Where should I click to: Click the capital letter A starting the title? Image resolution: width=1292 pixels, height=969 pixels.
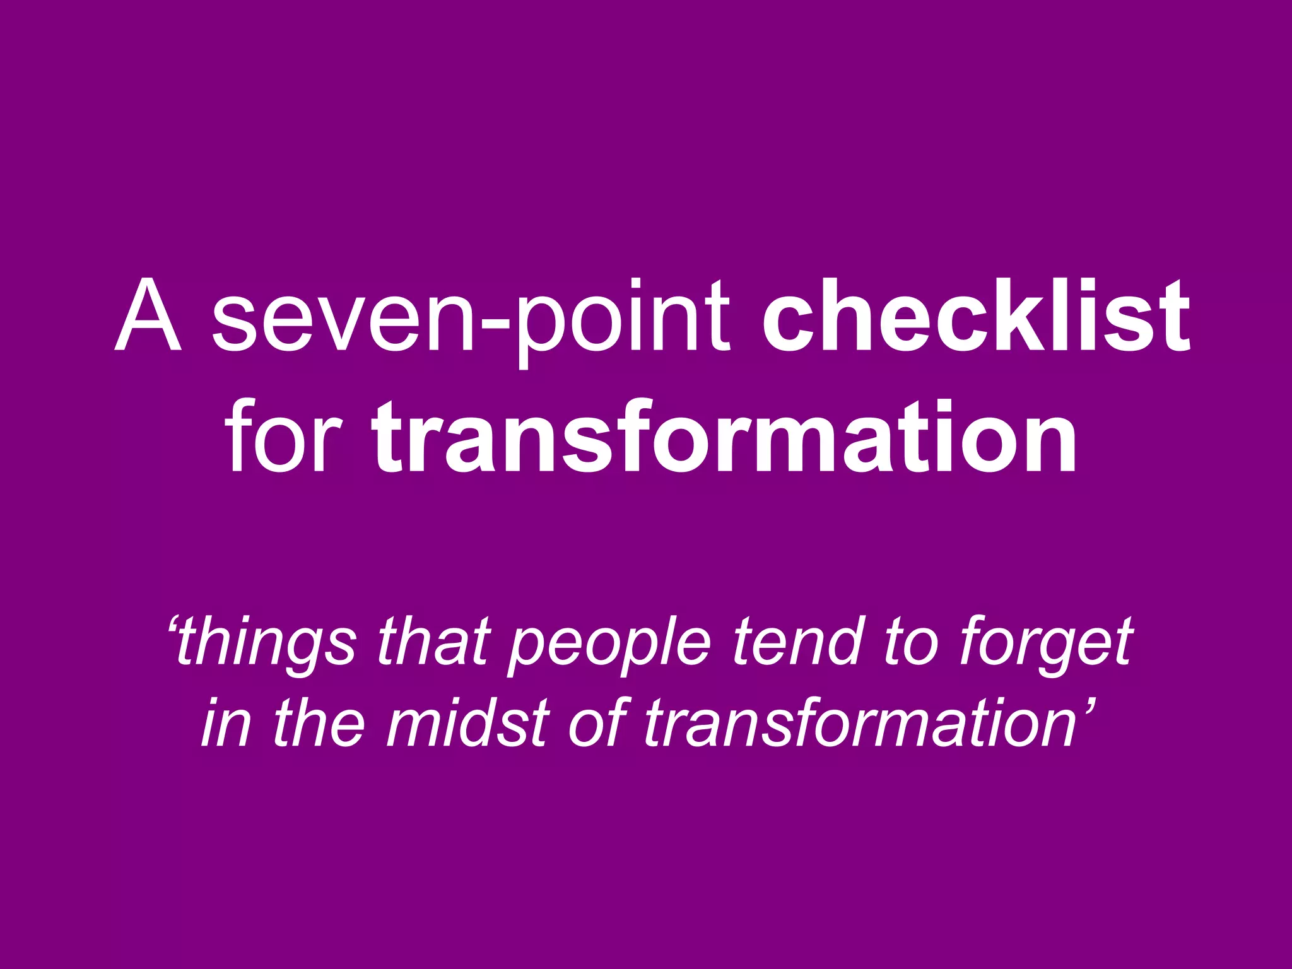coord(149,315)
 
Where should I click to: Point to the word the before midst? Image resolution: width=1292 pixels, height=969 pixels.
coord(319,722)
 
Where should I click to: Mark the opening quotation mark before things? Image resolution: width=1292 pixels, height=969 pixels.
coord(173,628)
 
